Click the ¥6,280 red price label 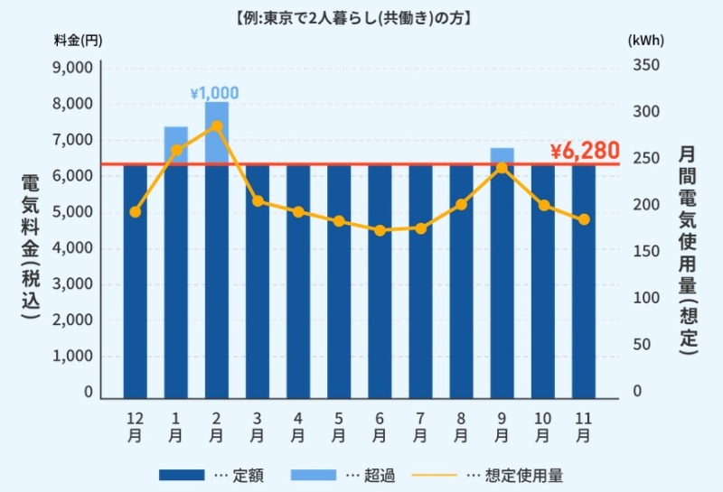click(585, 151)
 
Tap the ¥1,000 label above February click(214, 93)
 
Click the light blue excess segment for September click(502, 155)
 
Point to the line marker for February click(217, 125)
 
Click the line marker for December click(136, 212)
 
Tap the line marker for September click(502, 168)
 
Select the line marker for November click(584, 219)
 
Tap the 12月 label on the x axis click(135, 427)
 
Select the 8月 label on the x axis click(461, 427)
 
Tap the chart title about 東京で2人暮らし click(361, 16)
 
